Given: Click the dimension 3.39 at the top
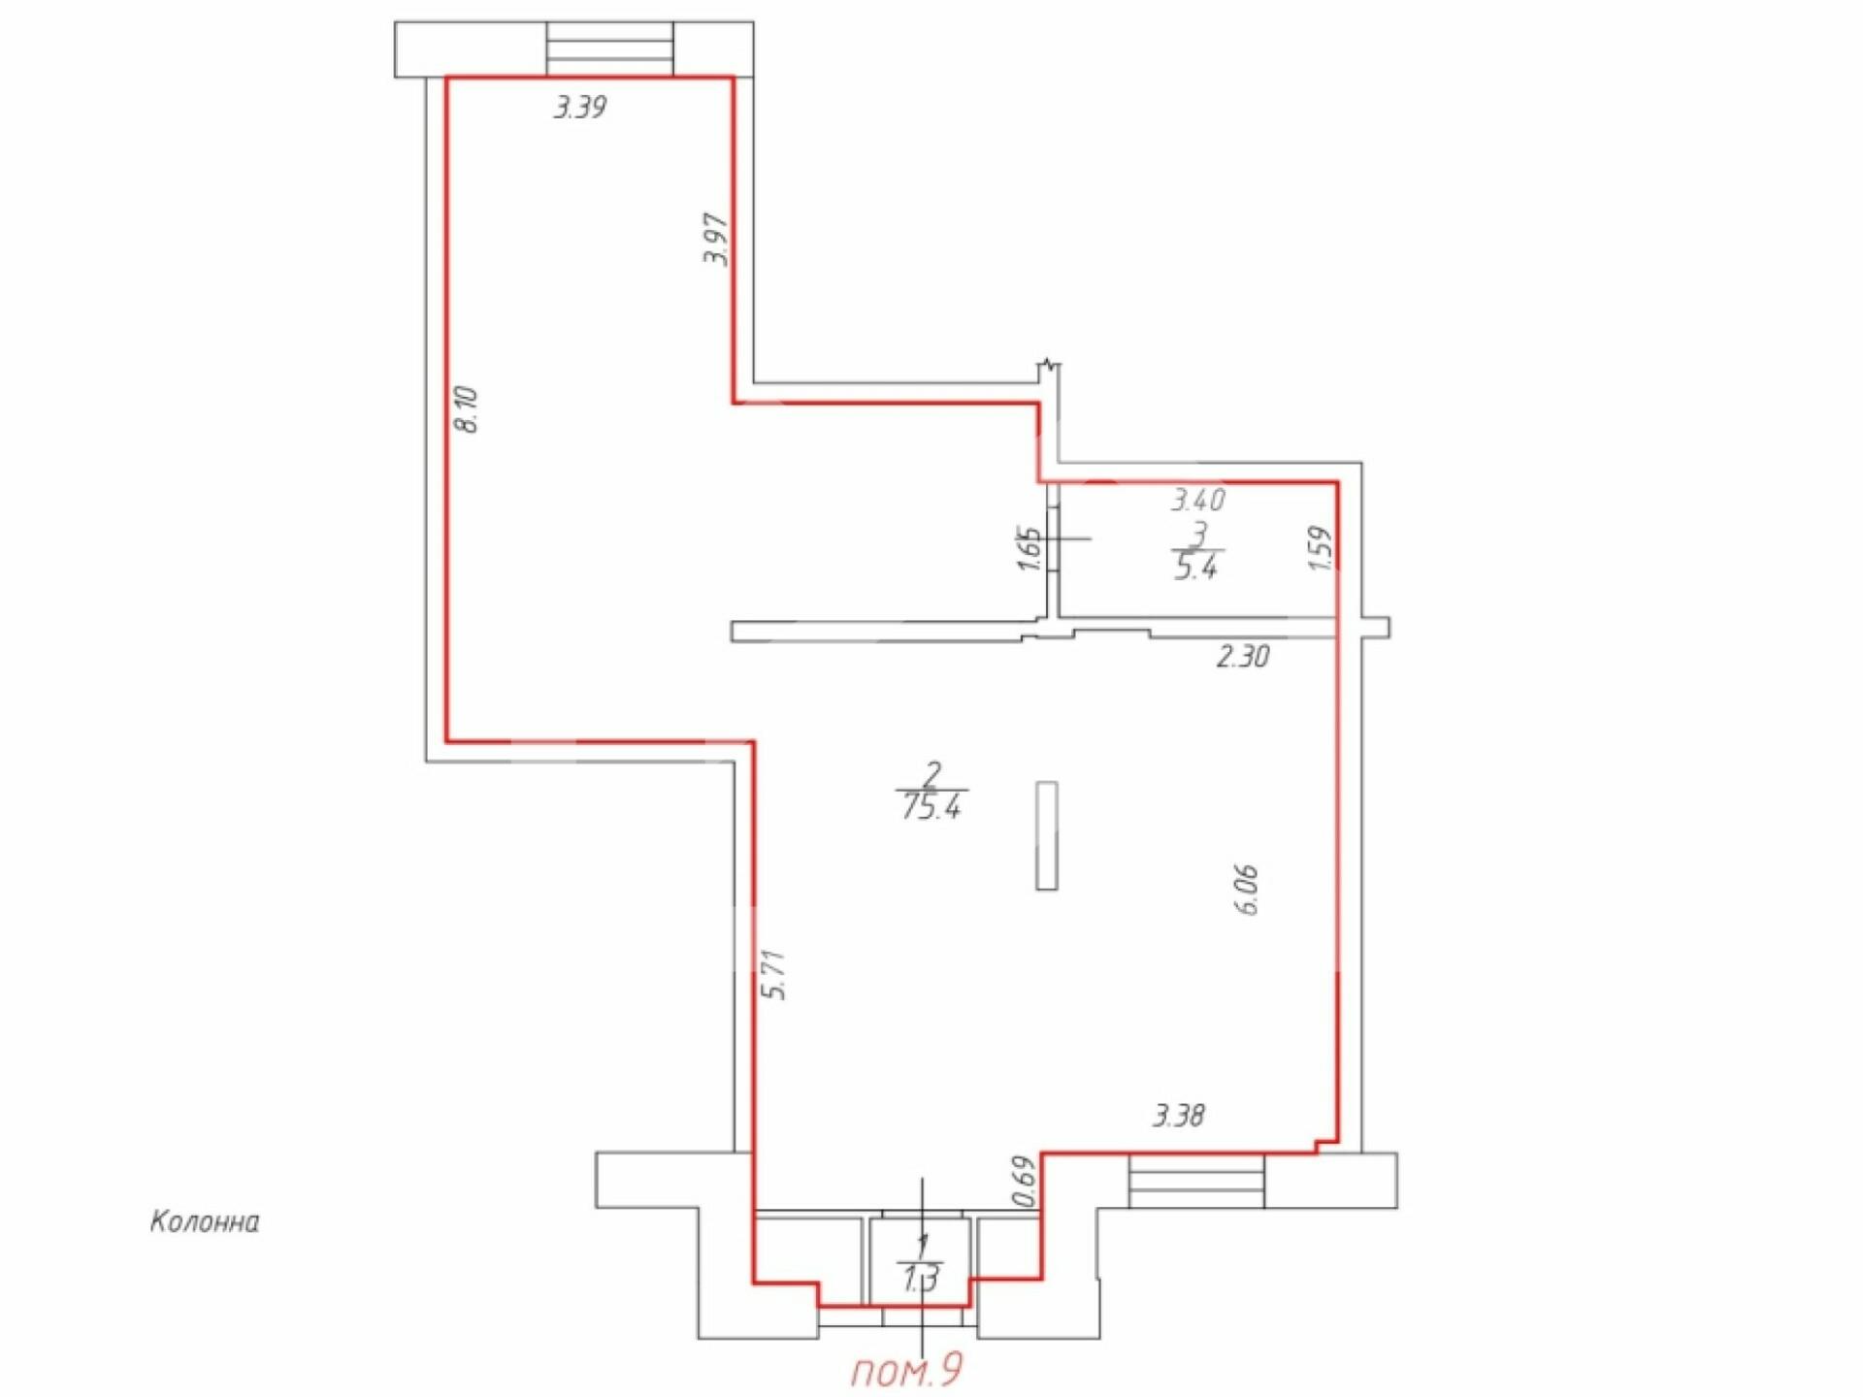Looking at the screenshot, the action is [580, 107].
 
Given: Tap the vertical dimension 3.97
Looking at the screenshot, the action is [716, 240].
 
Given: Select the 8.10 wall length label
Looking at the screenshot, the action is [467, 408].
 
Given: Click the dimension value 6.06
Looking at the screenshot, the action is [1248, 889].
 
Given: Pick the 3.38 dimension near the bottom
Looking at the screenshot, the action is [1179, 1117].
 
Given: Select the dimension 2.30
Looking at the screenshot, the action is [1243, 657].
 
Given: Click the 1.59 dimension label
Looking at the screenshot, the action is [1321, 548].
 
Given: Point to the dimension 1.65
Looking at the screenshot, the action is [1030, 548].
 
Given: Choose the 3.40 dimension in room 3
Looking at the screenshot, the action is [1198, 501].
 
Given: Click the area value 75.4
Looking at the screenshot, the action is [931, 807].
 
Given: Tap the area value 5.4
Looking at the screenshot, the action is [1196, 567].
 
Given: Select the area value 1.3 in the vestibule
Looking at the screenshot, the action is [920, 1281].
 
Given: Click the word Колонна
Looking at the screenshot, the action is [205, 1222].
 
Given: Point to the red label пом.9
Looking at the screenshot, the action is [907, 1372].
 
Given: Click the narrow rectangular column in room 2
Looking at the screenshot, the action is [1047, 835].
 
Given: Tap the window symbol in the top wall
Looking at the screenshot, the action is [609, 49].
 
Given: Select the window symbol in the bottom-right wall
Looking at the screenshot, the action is [1197, 1181].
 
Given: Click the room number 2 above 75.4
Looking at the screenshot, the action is [933, 774].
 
